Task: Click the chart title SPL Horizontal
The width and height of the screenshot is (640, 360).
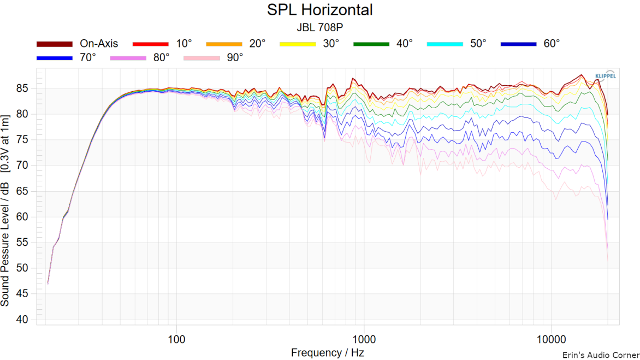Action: pos(320,10)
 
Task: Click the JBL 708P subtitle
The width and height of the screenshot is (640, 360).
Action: pos(320,27)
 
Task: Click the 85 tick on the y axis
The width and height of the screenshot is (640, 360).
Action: pos(25,88)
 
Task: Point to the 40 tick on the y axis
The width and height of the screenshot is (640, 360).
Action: pos(25,320)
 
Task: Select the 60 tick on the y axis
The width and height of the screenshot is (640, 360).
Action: pos(25,217)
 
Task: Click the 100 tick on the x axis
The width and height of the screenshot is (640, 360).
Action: pos(176,338)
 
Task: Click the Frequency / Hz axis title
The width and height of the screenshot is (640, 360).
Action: pos(328,352)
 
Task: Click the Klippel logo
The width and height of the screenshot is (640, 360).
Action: pos(604,75)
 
